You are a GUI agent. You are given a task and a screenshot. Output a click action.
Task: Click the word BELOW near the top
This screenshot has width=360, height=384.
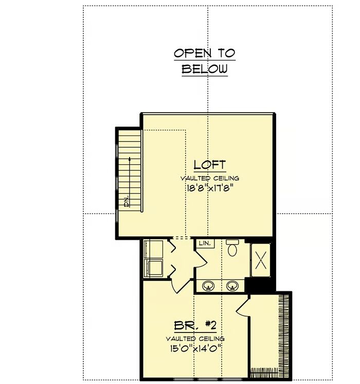tap(205, 69)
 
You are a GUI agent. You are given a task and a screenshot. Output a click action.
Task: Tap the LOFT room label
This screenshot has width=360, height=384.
tap(210, 165)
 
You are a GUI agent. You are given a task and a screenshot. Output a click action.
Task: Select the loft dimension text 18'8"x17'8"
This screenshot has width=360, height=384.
tap(209, 188)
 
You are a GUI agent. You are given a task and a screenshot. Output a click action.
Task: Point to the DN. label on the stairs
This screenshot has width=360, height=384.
tap(127, 201)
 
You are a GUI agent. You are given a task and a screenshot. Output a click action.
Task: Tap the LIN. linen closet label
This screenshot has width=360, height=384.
tap(205, 243)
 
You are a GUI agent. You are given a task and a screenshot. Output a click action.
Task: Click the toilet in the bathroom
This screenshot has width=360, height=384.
tap(232, 248)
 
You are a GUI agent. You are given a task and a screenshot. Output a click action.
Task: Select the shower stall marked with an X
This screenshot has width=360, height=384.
tap(261, 260)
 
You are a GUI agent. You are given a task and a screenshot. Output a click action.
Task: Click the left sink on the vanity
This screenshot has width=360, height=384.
tap(208, 286)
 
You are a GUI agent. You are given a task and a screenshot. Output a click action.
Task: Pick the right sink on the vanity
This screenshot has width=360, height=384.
tap(232, 286)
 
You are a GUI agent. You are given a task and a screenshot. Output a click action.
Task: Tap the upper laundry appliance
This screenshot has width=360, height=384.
tap(153, 249)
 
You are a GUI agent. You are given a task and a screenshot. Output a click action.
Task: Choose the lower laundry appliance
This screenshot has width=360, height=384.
tap(153, 268)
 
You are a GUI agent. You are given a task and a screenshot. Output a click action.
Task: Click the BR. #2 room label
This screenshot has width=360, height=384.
tap(195, 326)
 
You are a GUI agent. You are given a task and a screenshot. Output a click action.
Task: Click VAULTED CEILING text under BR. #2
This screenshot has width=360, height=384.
tap(195, 339)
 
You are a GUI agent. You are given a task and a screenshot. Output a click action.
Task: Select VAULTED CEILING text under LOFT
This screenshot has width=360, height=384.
tap(210, 178)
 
